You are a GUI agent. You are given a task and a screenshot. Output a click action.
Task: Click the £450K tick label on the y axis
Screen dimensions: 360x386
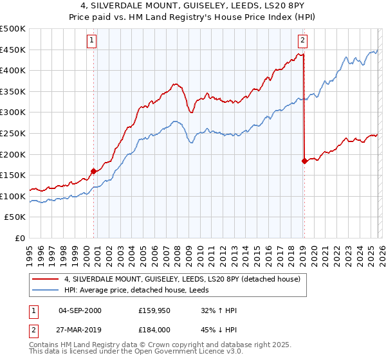pos(13,50)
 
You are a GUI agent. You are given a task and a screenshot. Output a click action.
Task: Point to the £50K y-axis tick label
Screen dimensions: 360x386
pos(15,217)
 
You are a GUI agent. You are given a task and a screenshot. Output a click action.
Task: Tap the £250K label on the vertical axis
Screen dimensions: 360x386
pos(13,133)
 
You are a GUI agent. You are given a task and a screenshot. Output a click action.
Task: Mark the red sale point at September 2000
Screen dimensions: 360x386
pos(94,171)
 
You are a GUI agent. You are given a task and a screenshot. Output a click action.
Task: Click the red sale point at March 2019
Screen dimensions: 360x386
pos(304,161)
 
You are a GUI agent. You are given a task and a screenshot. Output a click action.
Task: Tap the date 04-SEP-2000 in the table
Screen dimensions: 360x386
pos(80,311)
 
